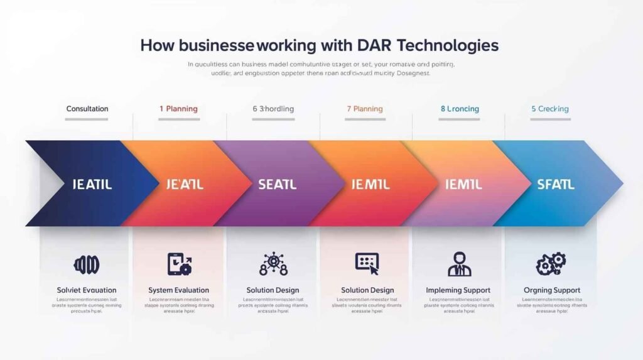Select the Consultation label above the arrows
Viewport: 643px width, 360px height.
87,109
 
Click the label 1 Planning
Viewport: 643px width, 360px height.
178,109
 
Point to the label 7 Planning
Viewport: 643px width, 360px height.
364,109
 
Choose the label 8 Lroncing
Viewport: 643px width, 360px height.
460,109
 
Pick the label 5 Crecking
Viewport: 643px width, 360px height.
550,109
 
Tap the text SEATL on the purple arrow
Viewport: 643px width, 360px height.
277,185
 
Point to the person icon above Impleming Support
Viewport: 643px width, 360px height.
460,264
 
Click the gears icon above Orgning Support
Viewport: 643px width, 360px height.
551,264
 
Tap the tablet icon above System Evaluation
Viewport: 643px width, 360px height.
179,264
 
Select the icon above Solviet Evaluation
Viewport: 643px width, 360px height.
87,264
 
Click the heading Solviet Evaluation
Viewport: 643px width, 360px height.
87,290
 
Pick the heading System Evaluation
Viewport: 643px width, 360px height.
179,290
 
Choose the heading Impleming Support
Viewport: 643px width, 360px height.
459,290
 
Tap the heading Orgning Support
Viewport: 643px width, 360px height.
552,290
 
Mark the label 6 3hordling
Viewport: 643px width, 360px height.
273,109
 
